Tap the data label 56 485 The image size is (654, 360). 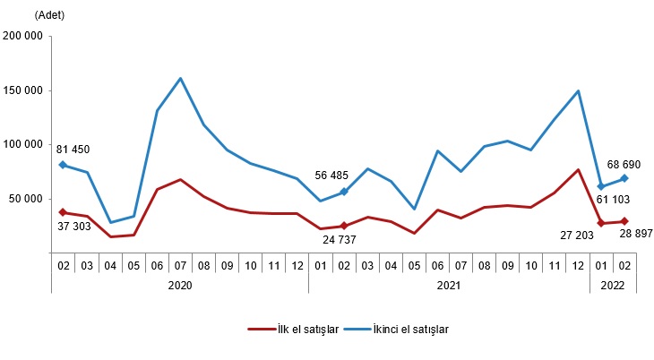336,176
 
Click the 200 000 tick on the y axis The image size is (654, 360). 25,37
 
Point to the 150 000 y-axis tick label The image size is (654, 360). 25,90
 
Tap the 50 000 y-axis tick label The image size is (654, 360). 28,198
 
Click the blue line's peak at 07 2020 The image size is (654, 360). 181,78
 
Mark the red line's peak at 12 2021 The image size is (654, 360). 579,170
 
